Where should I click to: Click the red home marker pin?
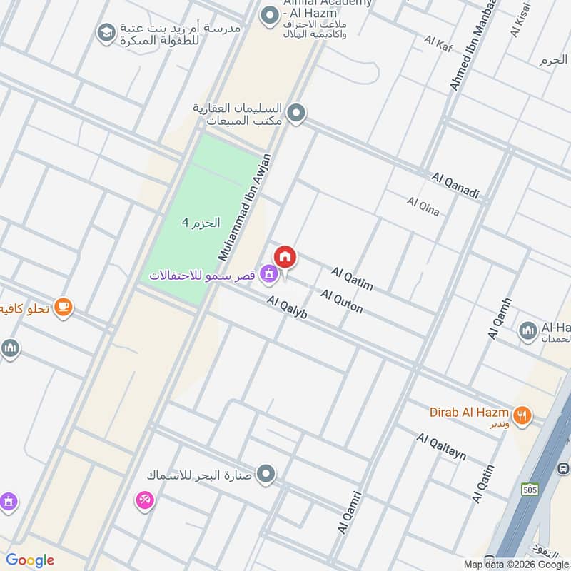[x=285, y=257]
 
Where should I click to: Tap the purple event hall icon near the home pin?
[x=268, y=272]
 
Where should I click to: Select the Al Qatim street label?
[x=352, y=279]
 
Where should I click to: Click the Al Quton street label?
[x=341, y=301]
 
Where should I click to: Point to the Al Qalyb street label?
[x=287, y=308]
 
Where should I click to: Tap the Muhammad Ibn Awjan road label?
[x=245, y=206]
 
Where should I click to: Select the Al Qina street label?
[x=423, y=206]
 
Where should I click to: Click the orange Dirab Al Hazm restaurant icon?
[x=522, y=415]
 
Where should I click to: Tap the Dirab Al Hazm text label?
[x=469, y=413]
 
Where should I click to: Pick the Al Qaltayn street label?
[x=442, y=446]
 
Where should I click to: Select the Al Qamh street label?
[x=500, y=318]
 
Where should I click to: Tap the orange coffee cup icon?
[x=63, y=306]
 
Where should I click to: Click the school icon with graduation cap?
[x=106, y=34]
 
